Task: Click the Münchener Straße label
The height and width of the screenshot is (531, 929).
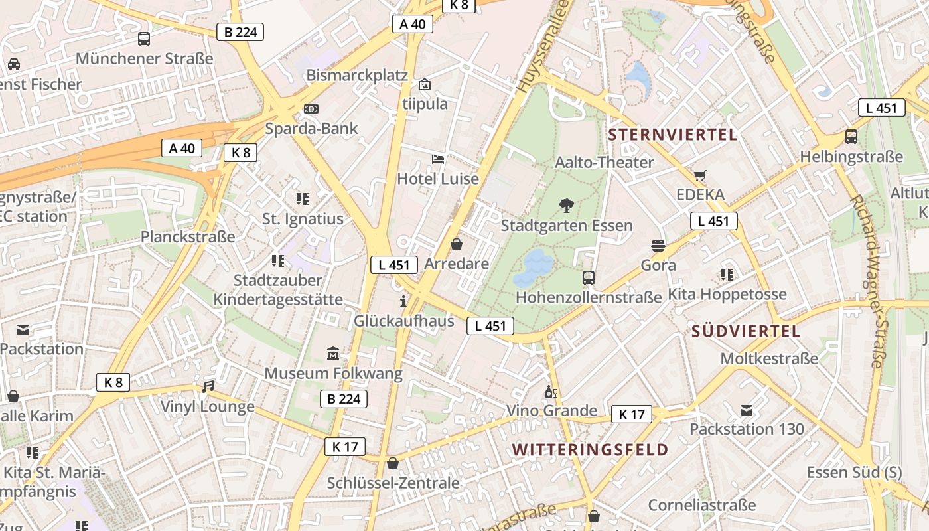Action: coord(144,58)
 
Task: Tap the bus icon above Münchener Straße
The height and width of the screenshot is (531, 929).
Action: coord(144,38)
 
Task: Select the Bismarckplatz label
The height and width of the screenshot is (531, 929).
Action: coord(357,75)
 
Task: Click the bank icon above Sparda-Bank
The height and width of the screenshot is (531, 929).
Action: coord(311,108)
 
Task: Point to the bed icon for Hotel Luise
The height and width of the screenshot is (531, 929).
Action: coord(438,159)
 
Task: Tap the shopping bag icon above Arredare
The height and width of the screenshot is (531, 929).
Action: coord(457,244)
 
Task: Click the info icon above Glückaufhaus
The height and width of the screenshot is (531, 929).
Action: coord(403,302)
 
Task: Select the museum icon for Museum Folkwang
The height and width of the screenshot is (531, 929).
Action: coord(333,353)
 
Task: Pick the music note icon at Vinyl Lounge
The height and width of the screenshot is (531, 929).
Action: coord(208,386)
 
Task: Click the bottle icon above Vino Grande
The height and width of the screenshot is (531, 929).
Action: coord(549,392)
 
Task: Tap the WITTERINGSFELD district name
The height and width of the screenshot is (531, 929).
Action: coord(590,449)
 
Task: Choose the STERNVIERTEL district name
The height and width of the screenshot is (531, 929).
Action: coord(672,135)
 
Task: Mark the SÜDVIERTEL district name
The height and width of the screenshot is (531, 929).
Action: coord(746,331)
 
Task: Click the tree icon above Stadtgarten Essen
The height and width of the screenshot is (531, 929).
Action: coord(567,205)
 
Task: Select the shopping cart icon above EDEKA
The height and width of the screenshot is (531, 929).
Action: coord(700,175)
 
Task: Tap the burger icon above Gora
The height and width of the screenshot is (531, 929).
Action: coord(658,246)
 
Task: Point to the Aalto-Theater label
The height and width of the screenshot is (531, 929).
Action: coord(604,162)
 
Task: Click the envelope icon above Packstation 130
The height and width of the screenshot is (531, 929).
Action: coord(747,410)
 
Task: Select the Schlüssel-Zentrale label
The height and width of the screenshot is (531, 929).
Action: coord(393,483)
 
